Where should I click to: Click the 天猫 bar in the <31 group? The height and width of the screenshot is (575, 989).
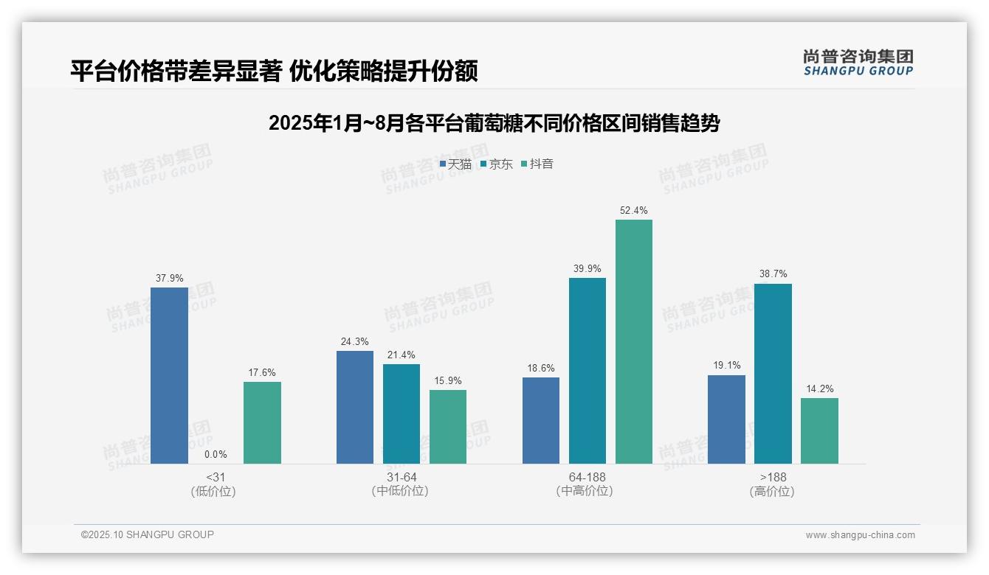[169, 375]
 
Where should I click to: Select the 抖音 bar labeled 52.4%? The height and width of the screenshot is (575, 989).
[634, 341]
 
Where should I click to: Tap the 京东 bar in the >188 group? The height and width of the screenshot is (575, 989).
[773, 374]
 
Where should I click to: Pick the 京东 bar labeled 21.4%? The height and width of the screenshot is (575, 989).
[402, 414]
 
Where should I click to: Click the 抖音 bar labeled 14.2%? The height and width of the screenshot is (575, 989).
[819, 431]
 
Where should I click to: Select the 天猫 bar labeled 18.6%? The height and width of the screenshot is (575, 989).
[541, 420]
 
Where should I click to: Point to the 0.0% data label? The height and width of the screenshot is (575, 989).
[216, 455]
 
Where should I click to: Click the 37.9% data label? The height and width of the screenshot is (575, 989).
[169, 278]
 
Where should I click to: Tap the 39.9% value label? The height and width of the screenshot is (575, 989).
[587, 268]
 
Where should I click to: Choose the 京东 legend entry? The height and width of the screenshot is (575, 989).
[496, 164]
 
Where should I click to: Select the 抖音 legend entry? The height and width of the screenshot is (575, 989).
[537, 164]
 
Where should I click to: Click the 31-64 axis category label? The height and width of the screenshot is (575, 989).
[401, 477]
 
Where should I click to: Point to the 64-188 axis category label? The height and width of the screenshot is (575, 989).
[587, 477]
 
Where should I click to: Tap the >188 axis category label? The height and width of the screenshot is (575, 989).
[772, 477]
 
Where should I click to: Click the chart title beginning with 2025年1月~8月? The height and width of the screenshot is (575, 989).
[494, 123]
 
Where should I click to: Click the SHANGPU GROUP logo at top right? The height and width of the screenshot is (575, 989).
[858, 63]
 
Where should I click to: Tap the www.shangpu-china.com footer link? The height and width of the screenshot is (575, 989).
[860, 535]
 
